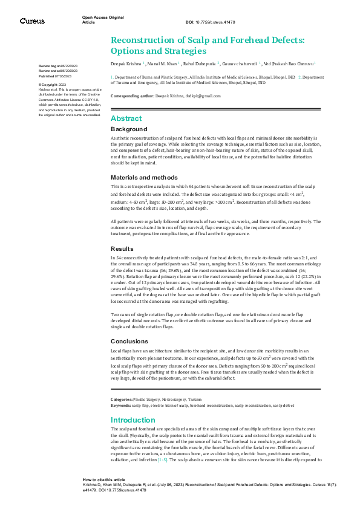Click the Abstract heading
coord(126,118)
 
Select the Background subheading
coord(129,129)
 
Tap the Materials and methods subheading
coord(145,178)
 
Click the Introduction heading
coord(134,420)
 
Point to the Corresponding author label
coord(132,96)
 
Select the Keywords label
coord(120,405)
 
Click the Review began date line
coord(58,65)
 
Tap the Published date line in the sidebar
coord(55,77)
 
